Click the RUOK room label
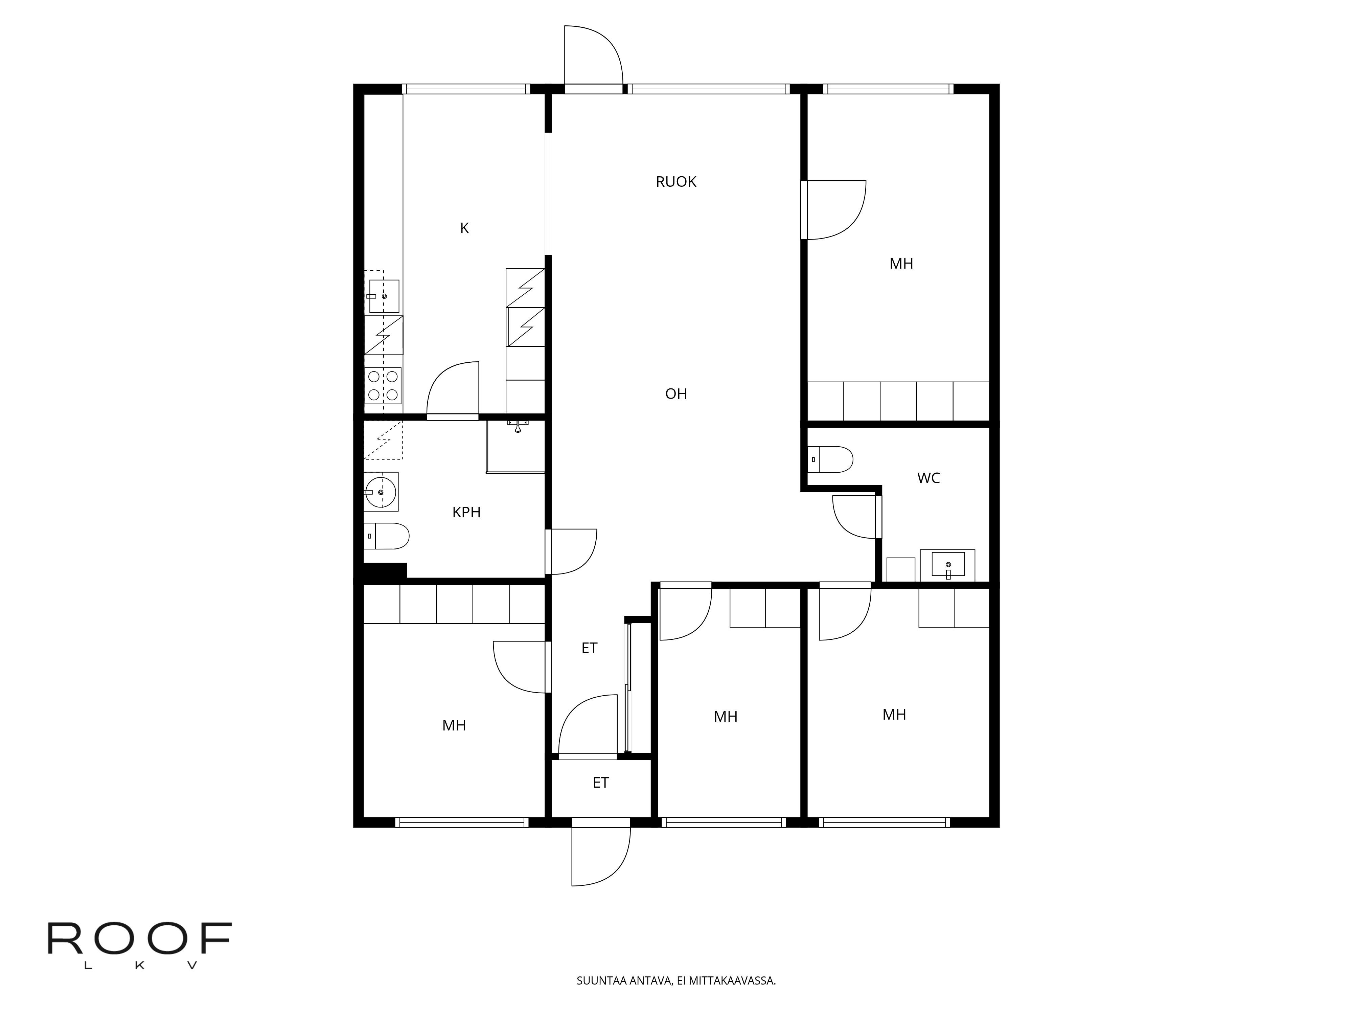coord(676,182)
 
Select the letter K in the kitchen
coord(464,228)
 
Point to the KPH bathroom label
coord(466,513)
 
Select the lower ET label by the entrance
coord(601,783)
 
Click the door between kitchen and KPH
coord(453,391)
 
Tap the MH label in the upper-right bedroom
coord(901,264)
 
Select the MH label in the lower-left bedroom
coord(454,726)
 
